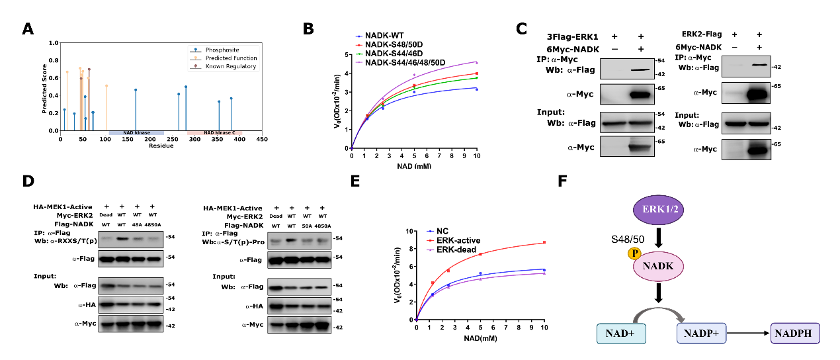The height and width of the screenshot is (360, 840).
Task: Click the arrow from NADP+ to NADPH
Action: [x=749, y=332]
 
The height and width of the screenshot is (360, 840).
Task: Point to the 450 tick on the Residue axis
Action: [x=261, y=140]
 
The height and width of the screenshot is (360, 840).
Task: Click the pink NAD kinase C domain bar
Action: [x=214, y=133]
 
